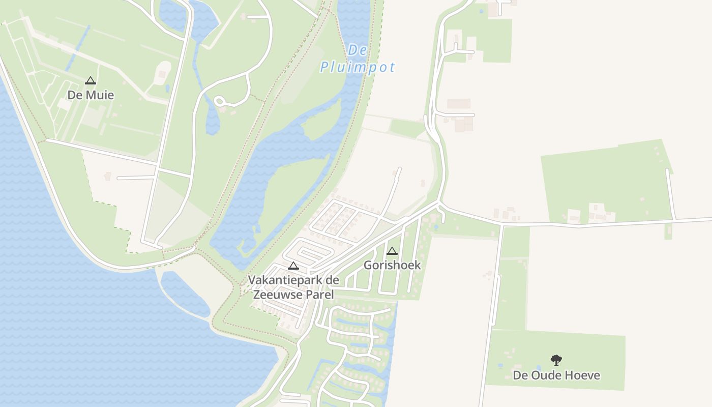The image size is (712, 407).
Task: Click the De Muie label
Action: (91, 95)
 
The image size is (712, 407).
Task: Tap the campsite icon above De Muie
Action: (91, 80)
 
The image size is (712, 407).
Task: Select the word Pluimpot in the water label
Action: (358, 68)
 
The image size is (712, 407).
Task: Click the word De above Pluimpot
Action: (358, 50)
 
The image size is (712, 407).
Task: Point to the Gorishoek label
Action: (392, 265)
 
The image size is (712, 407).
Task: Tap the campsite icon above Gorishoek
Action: (392, 251)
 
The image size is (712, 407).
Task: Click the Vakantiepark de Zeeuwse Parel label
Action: (293, 287)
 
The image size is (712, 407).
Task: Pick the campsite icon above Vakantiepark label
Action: (293, 266)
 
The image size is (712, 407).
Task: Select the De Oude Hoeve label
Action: (556, 375)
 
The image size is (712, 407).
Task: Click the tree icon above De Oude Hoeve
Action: (556, 360)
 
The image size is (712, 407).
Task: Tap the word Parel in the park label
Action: (320, 295)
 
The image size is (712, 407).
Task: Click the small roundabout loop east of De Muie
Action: (220, 102)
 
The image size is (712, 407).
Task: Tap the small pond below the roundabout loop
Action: (213, 122)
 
